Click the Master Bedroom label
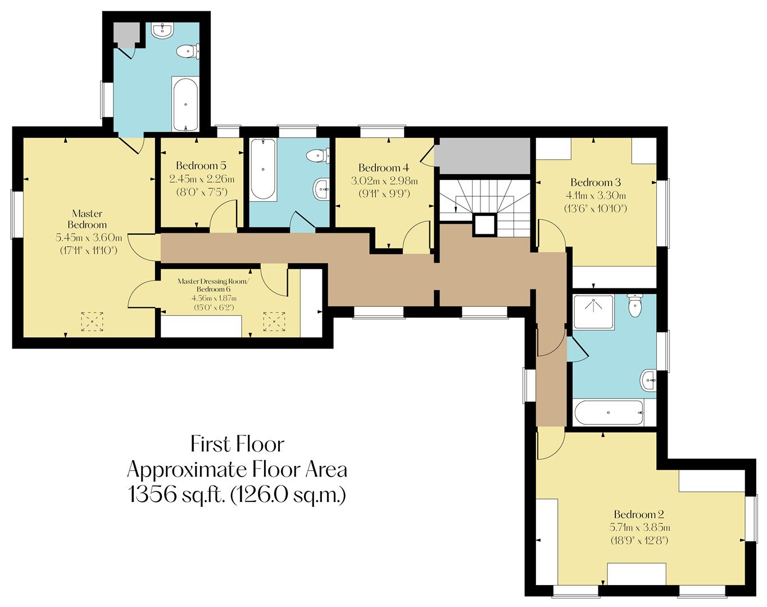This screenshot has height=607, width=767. [87, 219]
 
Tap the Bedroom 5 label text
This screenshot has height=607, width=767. [201, 165]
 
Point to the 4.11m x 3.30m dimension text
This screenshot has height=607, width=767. [595, 196]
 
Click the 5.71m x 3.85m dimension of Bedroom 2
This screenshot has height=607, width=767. [639, 528]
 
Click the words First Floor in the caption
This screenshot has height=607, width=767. [237, 444]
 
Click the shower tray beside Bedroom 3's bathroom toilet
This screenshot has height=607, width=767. [593, 312]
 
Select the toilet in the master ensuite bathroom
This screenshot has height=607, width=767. [186, 52]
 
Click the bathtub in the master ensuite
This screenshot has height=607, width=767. [184, 105]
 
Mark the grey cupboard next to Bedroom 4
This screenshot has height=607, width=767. [484, 156]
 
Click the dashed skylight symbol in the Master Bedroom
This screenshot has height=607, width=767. [93, 321]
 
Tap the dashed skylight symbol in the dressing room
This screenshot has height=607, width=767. [274, 321]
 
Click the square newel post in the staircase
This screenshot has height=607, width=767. [484, 225]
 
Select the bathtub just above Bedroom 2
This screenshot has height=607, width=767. [609, 413]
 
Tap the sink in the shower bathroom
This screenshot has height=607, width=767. [648, 380]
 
